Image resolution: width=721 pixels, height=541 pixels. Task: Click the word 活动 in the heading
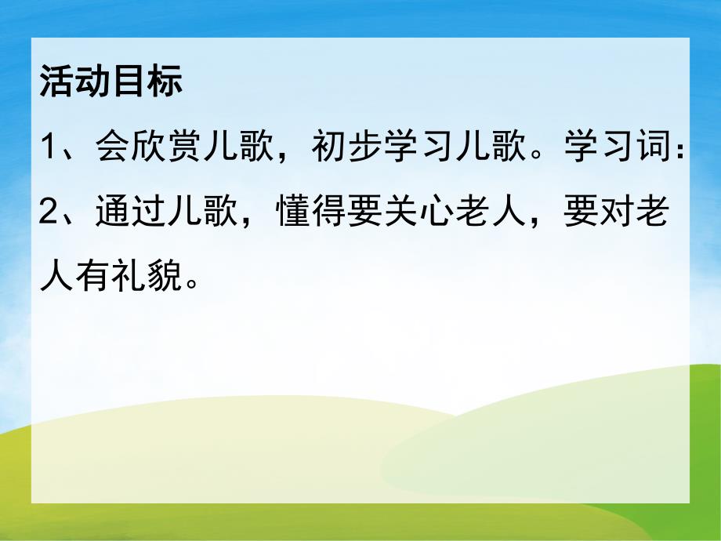pos(74,81)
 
